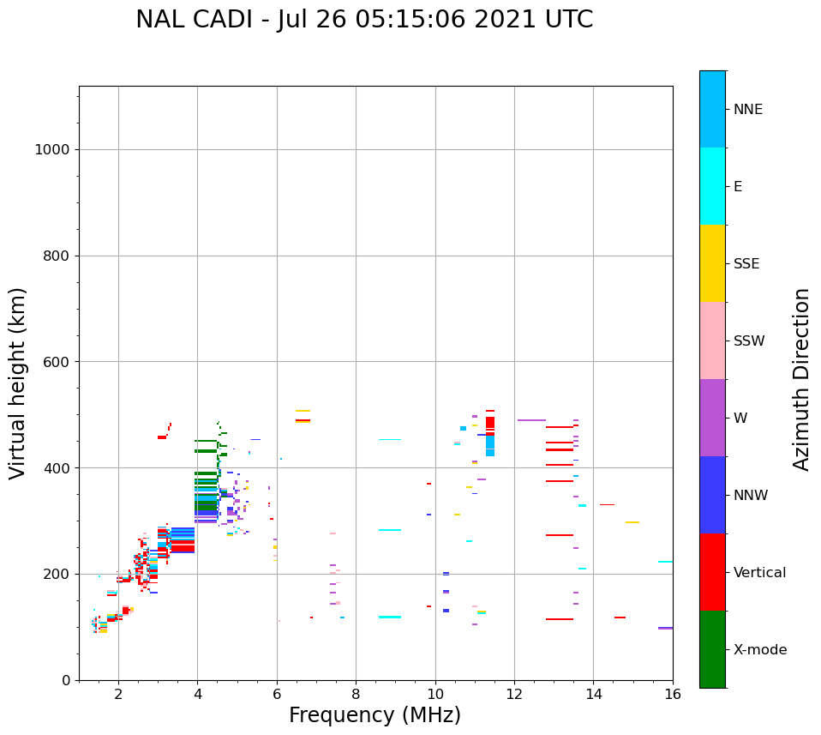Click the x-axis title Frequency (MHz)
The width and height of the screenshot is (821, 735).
[375, 715]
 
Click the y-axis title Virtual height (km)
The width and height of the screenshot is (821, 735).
[18, 383]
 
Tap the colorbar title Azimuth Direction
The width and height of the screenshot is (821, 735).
[801, 379]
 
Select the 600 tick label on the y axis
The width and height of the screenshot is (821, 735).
[57, 362]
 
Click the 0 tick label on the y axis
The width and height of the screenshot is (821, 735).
[65, 680]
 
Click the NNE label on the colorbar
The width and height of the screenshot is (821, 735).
[747, 110]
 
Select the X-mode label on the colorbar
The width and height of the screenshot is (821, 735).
[760, 650]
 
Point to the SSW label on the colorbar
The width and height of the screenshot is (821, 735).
[749, 341]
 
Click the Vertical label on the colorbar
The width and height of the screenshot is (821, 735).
[759, 573]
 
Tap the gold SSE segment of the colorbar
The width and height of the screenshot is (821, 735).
[712, 263]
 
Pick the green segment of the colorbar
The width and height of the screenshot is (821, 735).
[712, 649]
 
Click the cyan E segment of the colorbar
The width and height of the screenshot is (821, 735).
[712, 186]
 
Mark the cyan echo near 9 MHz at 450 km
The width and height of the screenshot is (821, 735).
[389, 440]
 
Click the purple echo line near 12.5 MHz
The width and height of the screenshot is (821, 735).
[531, 420]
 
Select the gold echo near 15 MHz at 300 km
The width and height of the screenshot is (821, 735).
[632, 522]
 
